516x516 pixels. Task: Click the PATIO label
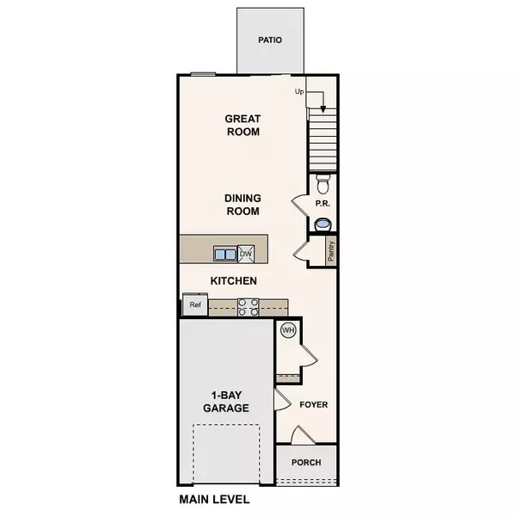pyautogui.click(x=270, y=40)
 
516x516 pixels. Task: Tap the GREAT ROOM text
pyautogui.click(x=243, y=126)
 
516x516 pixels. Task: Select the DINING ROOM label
pyautogui.click(x=243, y=204)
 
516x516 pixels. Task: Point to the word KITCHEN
pyautogui.click(x=235, y=281)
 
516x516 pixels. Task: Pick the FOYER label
pyautogui.click(x=314, y=404)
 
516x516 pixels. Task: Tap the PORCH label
pyautogui.click(x=306, y=463)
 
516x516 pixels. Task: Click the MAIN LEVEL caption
pyautogui.click(x=214, y=499)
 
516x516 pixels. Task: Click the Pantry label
pyautogui.click(x=331, y=250)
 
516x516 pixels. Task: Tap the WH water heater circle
pyautogui.click(x=288, y=329)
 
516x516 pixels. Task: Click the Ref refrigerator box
pyautogui.click(x=194, y=304)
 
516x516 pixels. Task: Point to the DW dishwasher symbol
pyautogui.click(x=246, y=254)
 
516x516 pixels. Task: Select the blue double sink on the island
pyautogui.click(x=225, y=254)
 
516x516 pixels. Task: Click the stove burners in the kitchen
pyautogui.click(x=248, y=307)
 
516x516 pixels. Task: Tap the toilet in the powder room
pyautogui.click(x=323, y=184)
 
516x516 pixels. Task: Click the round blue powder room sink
pyautogui.click(x=323, y=224)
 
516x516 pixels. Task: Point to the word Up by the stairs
pyautogui.click(x=300, y=91)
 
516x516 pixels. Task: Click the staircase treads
pyautogui.click(x=323, y=143)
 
